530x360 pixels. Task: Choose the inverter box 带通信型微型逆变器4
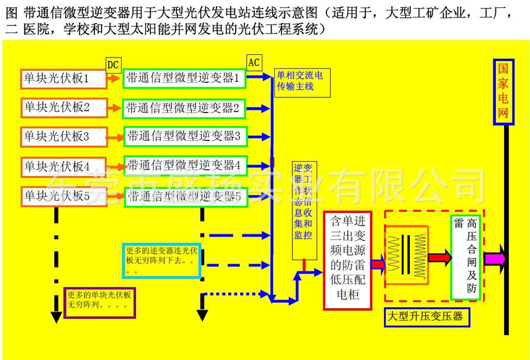coord(184,166)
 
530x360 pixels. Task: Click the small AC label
coord(254,63)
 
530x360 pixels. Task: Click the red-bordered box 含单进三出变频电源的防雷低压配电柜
coord(347,260)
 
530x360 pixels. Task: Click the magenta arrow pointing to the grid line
coord(494,257)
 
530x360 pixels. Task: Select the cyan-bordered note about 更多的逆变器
coord(161,260)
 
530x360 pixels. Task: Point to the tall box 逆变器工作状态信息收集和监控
coord(304,210)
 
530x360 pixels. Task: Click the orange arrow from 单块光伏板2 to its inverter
coord(114,109)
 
